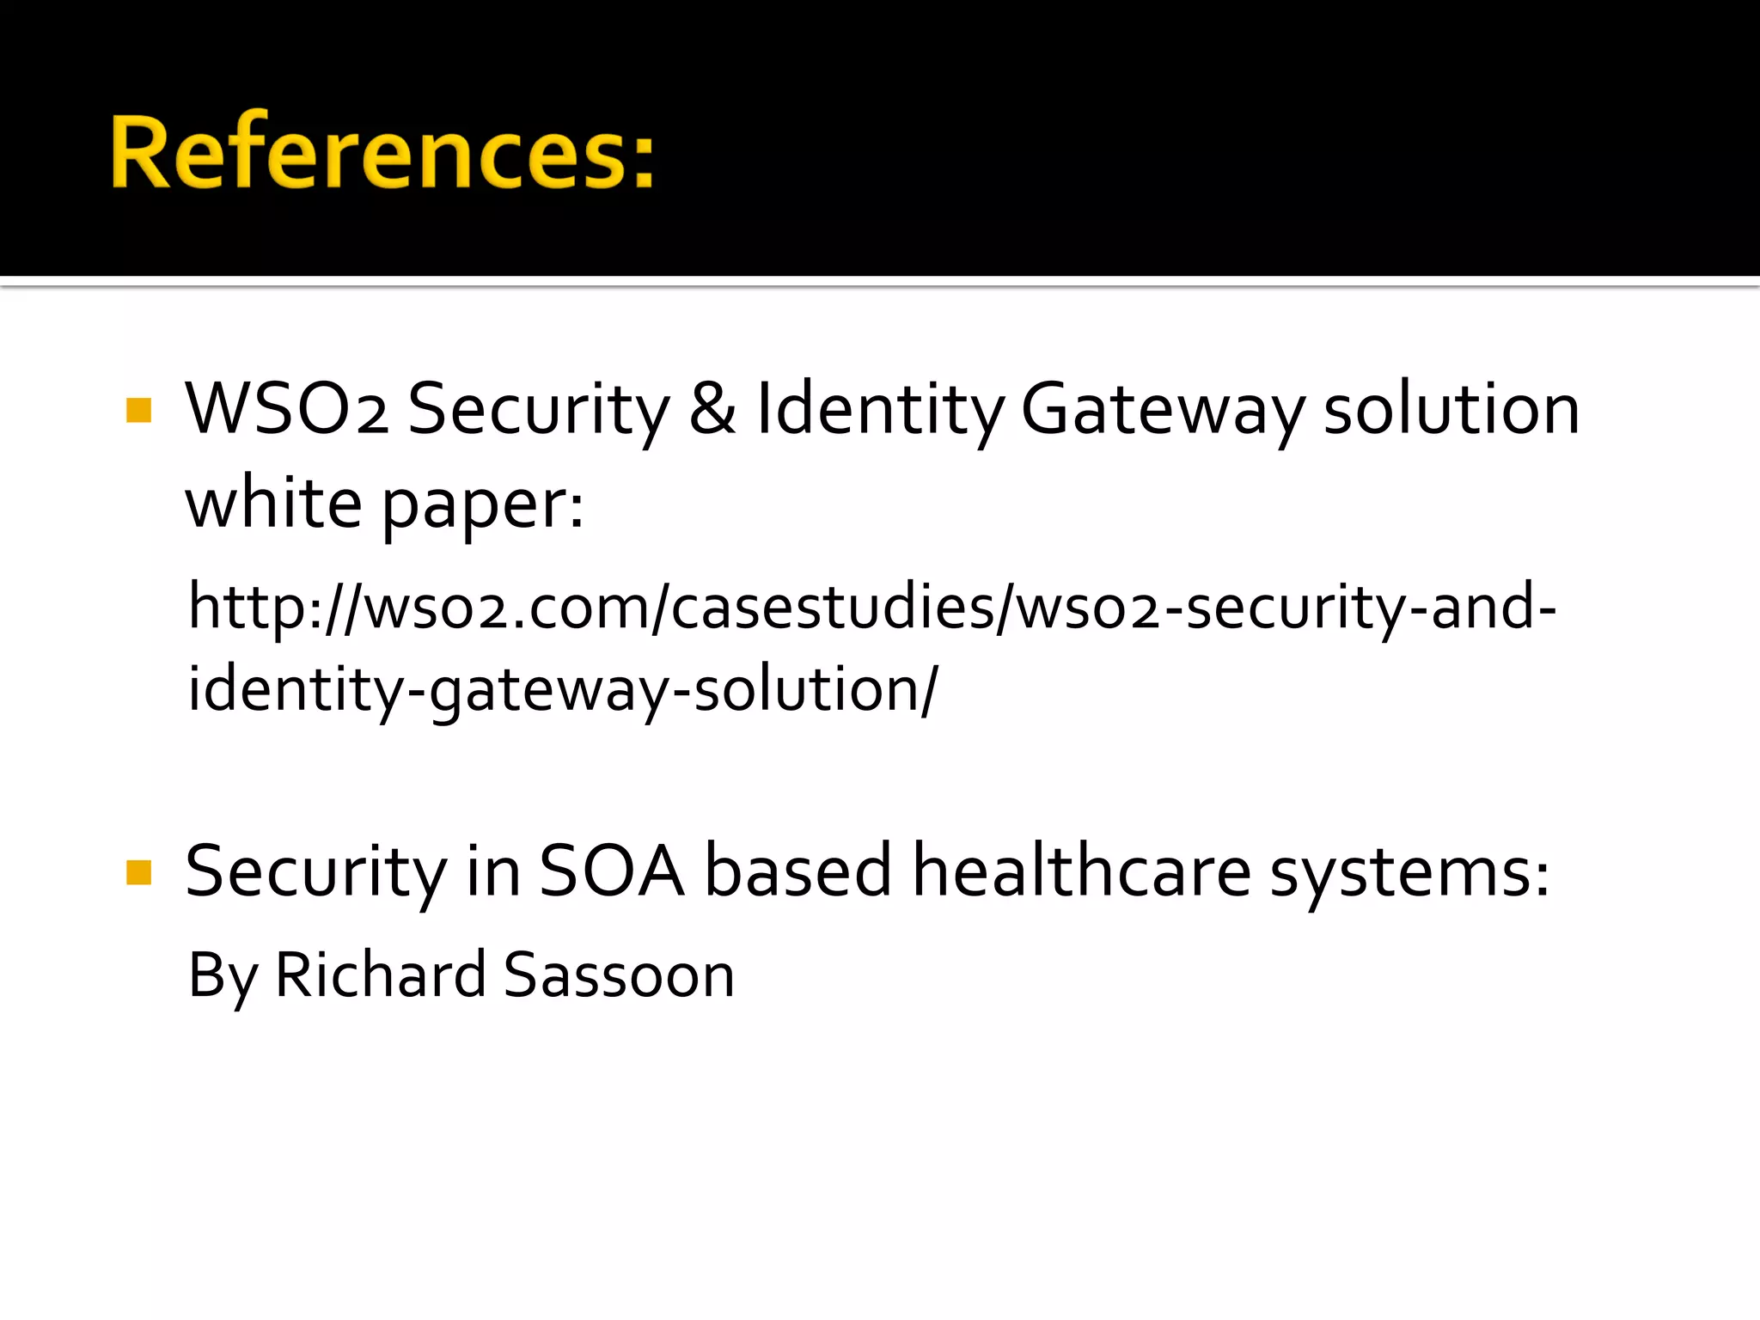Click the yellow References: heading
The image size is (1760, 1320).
click(x=382, y=152)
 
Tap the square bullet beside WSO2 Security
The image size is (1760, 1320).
click(x=138, y=410)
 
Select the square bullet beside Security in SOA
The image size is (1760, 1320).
click(x=138, y=872)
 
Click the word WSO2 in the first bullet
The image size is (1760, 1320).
click(x=286, y=409)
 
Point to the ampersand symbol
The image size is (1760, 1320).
click(x=712, y=409)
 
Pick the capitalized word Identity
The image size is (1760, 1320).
click(x=878, y=411)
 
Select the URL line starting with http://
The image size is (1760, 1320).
click(x=872, y=607)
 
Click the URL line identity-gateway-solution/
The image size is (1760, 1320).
click(x=563, y=690)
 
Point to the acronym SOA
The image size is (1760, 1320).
click(x=612, y=871)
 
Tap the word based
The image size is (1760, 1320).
click(x=798, y=871)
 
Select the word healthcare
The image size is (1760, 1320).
click(x=1081, y=871)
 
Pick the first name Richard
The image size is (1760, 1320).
click(x=380, y=975)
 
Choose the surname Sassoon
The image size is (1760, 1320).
click(x=619, y=975)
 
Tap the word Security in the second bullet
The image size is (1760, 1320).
click(x=316, y=873)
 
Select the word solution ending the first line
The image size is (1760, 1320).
click(x=1451, y=409)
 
